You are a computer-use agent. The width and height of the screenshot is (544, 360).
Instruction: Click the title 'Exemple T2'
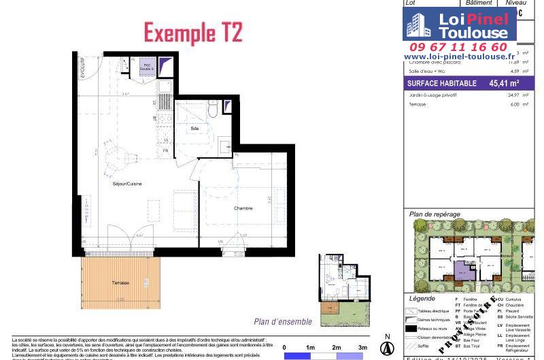click(193, 33)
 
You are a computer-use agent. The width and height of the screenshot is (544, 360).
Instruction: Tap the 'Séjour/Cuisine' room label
click(127, 184)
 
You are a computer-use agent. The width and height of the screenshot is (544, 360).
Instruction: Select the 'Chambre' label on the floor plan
click(243, 208)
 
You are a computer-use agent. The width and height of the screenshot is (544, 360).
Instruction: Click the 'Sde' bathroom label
click(194, 129)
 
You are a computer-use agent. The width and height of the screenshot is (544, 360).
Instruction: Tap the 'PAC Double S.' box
click(147, 67)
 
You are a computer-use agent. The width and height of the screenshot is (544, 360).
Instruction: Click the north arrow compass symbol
click(387, 347)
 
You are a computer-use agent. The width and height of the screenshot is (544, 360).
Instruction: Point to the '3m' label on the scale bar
click(362, 347)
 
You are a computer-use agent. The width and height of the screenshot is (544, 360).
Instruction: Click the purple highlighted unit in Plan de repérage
click(464, 270)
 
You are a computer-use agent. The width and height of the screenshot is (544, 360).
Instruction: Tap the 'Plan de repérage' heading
click(435, 214)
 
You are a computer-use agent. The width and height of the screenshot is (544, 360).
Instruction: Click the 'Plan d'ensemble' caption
click(283, 322)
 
